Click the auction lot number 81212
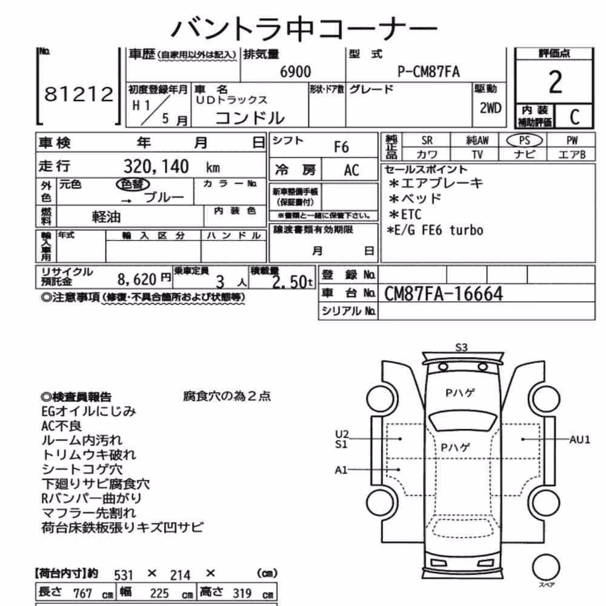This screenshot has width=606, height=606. (79, 94)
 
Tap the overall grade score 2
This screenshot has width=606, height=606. (555, 82)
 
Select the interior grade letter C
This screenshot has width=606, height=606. (574, 117)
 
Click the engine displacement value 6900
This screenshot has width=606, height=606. (295, 72)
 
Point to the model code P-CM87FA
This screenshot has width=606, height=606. (428, 72)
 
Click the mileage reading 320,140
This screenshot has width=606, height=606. (156, 167)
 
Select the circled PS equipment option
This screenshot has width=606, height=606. (524, 141)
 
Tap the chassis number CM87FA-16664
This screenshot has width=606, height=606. (444, 294)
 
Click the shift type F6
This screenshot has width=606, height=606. (341, 147)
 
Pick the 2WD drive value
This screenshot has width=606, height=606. (490, 108)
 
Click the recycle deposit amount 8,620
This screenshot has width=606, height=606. (137, 279)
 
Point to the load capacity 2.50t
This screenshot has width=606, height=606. (292, 282)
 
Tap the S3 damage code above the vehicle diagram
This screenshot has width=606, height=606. (461, 347)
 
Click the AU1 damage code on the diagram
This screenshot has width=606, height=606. (580, 439)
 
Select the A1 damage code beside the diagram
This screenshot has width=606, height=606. (341, 470)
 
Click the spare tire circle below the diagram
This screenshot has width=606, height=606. (546, 567)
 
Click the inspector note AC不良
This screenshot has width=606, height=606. (61, 426)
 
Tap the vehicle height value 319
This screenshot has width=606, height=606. (242, 593)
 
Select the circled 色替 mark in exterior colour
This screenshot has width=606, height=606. (133, 184)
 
